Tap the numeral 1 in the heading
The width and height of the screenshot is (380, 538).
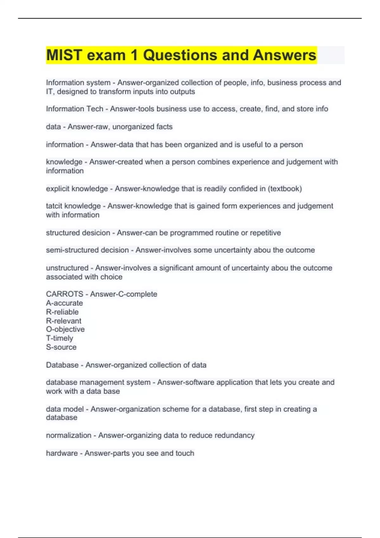(x=134, y=55)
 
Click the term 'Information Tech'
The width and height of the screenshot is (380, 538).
(x=74, y=109)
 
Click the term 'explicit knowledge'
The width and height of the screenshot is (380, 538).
(x=77, y=189)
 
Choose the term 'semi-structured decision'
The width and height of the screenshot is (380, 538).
(x=87, y=250)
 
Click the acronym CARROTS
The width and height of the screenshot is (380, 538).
(x=65, y=294)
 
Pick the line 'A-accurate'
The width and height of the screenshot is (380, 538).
(x=64, y=303)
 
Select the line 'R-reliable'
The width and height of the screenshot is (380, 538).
(x=62, y=312)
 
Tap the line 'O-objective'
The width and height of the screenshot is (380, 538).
(x=65, y=329)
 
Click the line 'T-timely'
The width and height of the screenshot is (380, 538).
(x=60, y=338)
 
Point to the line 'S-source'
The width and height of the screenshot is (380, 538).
(x=61, y=347)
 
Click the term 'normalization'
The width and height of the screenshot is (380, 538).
(x=69, y=435)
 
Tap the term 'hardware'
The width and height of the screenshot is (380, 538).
(x=62, y=453)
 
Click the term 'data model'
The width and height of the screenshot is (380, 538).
(x=65, y=409)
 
